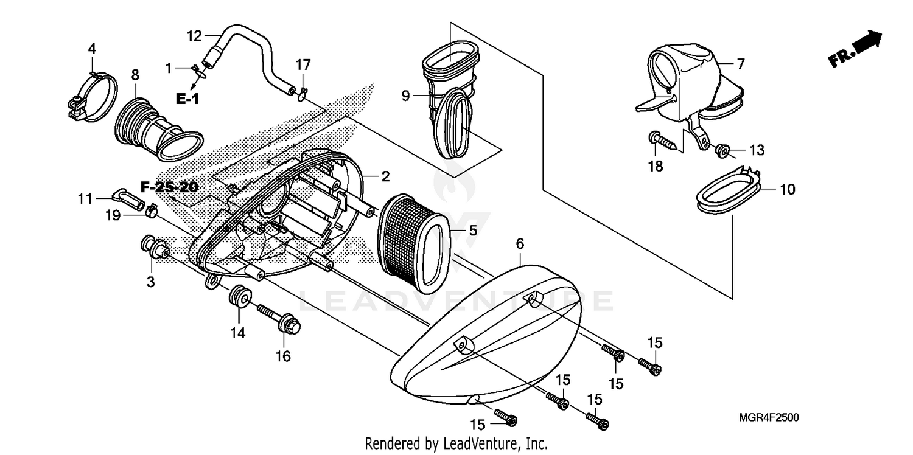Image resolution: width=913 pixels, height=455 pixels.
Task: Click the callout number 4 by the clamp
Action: tap(92, 47)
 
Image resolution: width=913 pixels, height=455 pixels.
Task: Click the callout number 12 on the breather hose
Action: tap(194, 36)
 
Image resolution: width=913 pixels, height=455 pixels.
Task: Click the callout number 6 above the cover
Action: tap(519, 243)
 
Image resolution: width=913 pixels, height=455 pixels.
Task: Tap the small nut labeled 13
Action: tap(719, 150)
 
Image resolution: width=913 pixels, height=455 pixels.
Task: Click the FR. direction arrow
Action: tap(855, 49)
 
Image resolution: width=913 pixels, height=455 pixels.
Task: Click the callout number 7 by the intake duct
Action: tap(740, 63)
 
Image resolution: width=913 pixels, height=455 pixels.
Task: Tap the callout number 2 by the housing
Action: tap(385, 177)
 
